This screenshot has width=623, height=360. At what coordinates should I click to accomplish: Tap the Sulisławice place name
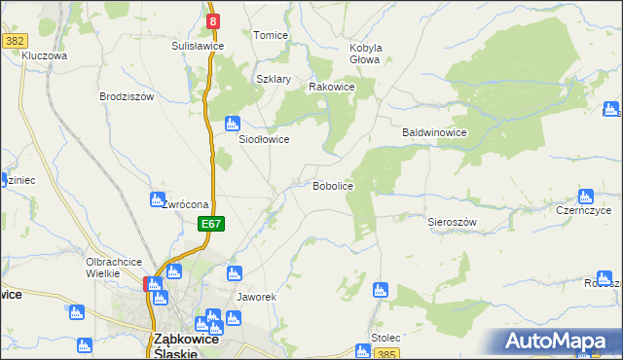click(x=198, y=46)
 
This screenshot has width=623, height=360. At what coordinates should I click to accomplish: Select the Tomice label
click(x=271, y=35)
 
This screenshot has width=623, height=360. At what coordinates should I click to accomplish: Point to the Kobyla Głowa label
click(x=365, y=54)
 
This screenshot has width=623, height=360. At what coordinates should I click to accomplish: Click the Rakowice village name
click(x=331, y=87)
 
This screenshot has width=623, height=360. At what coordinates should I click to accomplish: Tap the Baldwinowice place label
click(x=435, y=132)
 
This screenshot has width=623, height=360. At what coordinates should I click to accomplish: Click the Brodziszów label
click(x=127, y=96)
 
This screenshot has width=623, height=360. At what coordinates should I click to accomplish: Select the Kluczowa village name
click(x=44, y=56)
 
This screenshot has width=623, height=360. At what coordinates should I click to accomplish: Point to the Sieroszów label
click(x=452, y=222)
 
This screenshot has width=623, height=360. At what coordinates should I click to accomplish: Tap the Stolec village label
click(x=385, y=337)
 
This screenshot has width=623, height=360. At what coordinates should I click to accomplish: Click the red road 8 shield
click(x=213, y=19)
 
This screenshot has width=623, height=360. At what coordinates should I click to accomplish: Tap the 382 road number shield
click(x=14, y=41)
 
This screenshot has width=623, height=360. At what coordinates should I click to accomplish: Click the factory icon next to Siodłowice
click(x=232, y=124)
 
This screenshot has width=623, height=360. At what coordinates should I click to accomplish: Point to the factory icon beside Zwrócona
click(x=157, y=199)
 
